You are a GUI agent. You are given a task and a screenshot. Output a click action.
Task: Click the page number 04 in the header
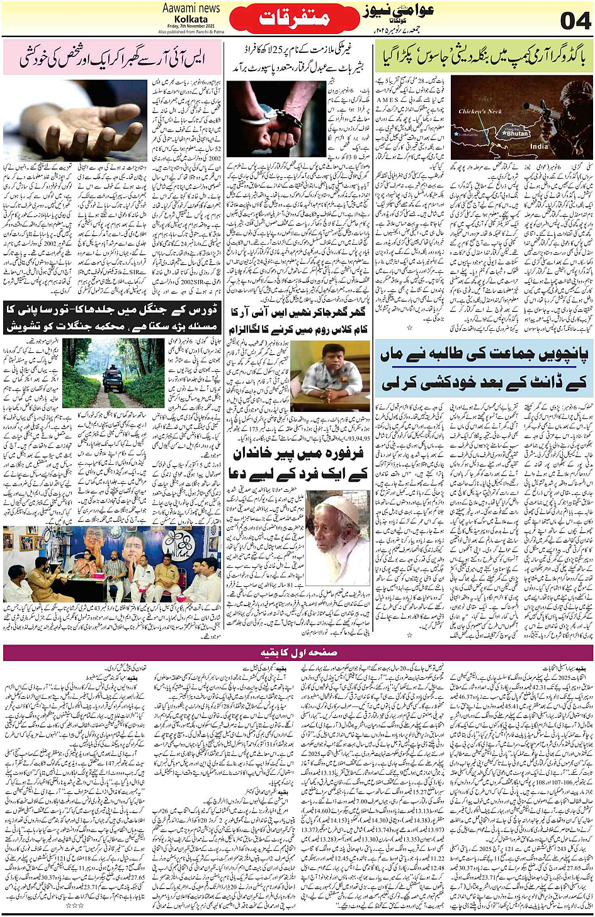tap(574, 20)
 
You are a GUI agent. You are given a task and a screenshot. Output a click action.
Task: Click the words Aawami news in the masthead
tap(191, 8)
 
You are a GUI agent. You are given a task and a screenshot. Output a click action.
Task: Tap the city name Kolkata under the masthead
tap(191, 19)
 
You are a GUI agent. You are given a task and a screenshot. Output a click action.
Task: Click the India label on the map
tap(538, 146)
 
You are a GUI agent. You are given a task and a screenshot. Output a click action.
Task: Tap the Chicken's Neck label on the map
tap(480, 111)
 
